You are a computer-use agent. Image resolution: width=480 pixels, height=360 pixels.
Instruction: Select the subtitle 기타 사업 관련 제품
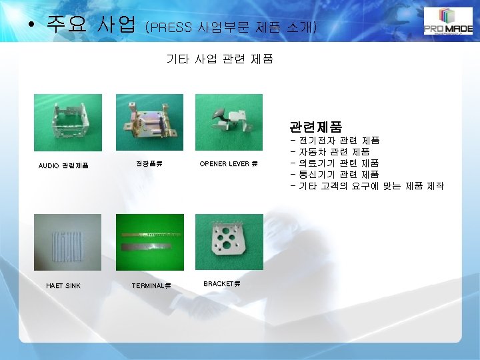(x=219, y=59)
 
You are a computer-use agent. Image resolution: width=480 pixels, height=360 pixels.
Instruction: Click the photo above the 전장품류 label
(x=149, y=122)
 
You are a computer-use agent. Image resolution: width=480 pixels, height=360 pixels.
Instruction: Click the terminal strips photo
(x=149, y=242)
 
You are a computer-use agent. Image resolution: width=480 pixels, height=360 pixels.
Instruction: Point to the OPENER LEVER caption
(x=229, y=163)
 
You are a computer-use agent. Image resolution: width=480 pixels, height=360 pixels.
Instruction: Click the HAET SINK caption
(x=63, y=286)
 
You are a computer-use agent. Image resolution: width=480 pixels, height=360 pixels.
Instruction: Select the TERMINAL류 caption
(x=151, y=286)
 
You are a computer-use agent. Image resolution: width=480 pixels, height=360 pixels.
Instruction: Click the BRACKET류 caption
(x=222, y=284)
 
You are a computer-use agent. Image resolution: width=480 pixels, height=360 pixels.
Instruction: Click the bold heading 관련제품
(x=315, y=126)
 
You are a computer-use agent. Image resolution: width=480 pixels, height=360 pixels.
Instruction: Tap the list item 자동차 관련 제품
(x=334, y=152)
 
